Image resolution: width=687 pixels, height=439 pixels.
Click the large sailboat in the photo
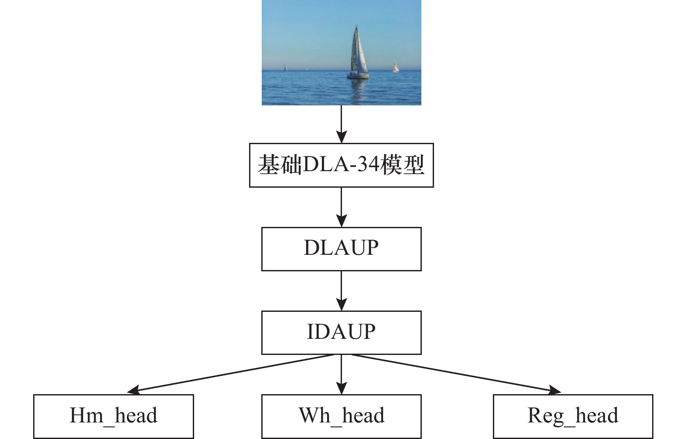359,54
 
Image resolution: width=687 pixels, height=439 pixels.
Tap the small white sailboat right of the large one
396,67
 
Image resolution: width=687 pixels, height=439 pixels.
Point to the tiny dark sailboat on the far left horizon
285,68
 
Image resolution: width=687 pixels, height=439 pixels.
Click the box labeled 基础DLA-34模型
341,165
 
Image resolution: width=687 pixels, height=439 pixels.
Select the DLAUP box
341,249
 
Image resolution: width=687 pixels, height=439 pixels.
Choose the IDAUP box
341,332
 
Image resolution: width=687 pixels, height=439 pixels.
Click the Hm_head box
113,416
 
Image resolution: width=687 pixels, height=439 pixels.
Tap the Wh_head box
341,416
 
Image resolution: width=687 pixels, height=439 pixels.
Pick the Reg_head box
573,416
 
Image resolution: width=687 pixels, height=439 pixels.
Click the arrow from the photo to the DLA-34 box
341,124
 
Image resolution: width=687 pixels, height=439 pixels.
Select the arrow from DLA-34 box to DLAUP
341,207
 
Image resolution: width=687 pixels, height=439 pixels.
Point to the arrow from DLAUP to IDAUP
341,291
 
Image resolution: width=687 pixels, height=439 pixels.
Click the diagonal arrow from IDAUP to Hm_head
231,373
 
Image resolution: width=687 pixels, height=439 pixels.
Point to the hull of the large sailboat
358,76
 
